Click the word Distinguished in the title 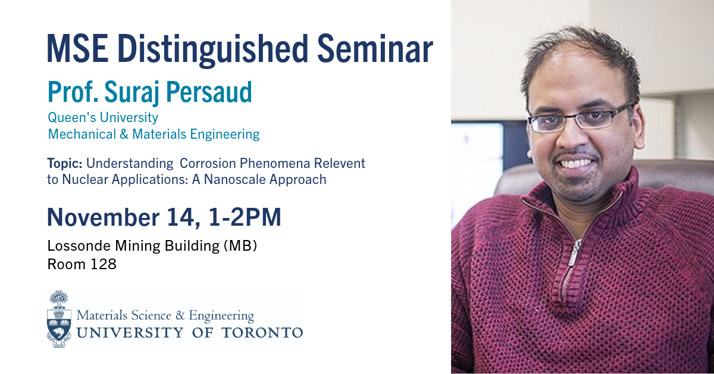coord(213,49)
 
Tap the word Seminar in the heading coord(375,48)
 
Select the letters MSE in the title coord(78,48)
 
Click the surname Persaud coord(209,92)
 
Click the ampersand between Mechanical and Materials coord(124,134)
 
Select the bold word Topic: coord(65,163)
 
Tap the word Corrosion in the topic coord(208,163)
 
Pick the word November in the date coord(104,217)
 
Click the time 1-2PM coord(245,217)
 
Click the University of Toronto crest coord(59,319)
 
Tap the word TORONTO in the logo coord(262,333)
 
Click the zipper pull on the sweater coord(575,253)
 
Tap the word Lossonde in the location coord(79,246)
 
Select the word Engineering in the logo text coord(221,316)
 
